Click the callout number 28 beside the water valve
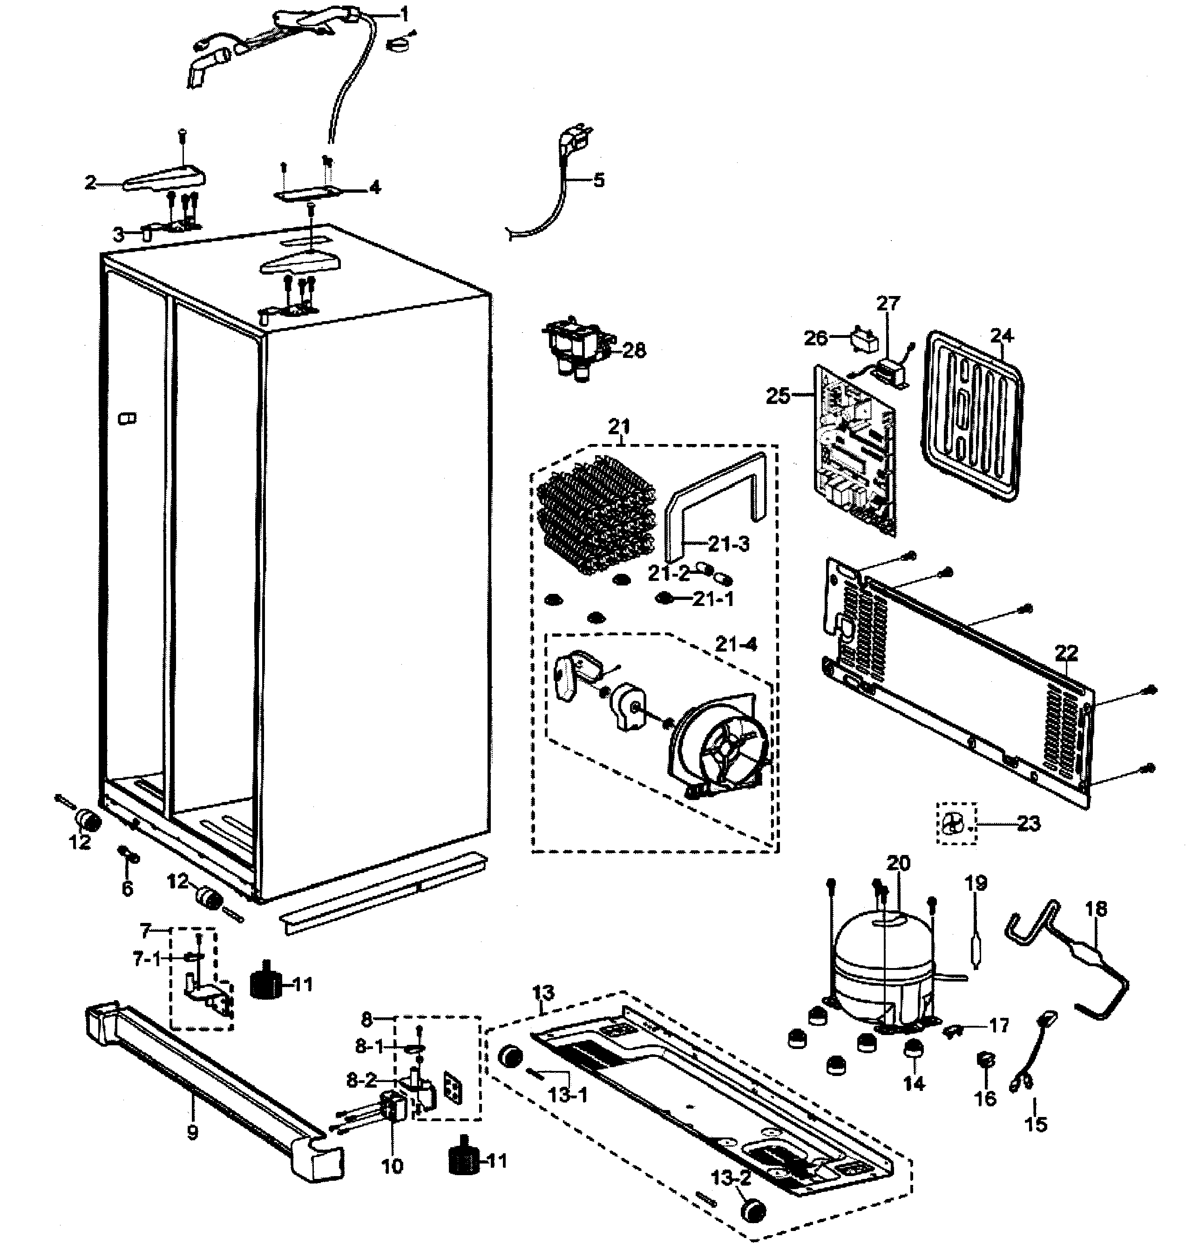click(x=634, y=350)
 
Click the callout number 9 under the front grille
click(x=192, y=1132)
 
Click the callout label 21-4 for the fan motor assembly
click(x=736, y=644)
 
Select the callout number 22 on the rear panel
click(x=1066, y=653)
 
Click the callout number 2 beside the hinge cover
click(x=90, y=183)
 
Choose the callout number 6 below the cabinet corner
click(x=127, y=888)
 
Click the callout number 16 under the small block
click(x=985, y=1098)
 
